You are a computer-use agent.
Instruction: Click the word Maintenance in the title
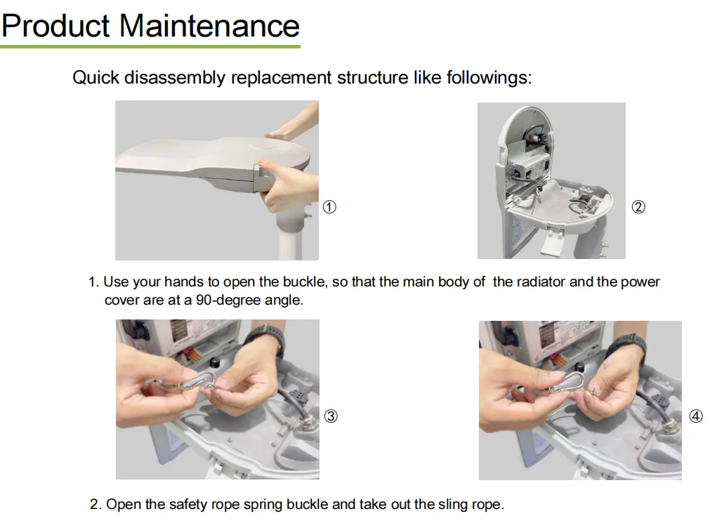[210, 25]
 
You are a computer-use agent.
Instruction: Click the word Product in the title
[56, 25]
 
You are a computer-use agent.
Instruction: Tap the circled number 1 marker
[329, 207]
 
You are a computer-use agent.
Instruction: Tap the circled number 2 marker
[638, 207]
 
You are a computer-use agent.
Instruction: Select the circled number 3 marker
[331, 416]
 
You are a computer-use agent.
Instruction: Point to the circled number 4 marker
[696, 416]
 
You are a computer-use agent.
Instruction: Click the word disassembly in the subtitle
[175, 77]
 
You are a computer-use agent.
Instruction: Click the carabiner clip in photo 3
[196, 382]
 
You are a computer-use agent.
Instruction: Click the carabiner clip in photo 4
[565, 382]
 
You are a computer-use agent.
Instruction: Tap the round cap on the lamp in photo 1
[263, 145]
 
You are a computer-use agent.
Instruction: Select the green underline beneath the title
[150, 46]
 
